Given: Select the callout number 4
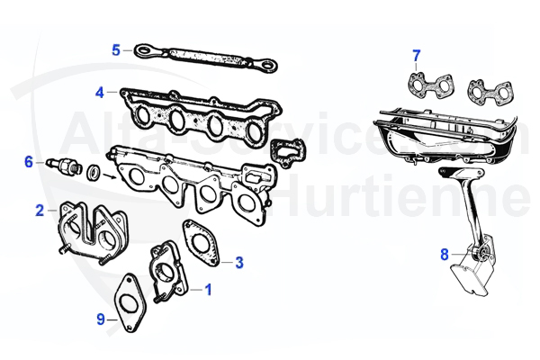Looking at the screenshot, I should pos(100,92).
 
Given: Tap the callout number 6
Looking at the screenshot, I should pos(28,162).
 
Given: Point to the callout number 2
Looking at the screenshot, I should pos(40,211).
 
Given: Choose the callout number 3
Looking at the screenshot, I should pos(239,263).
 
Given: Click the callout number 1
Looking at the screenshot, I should pos(209,290).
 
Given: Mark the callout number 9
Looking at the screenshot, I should pos(101,319).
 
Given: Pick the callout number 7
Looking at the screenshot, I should pos(416,57).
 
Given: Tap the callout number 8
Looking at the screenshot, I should pos(444,255).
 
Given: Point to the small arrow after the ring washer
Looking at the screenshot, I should pos(110,176).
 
